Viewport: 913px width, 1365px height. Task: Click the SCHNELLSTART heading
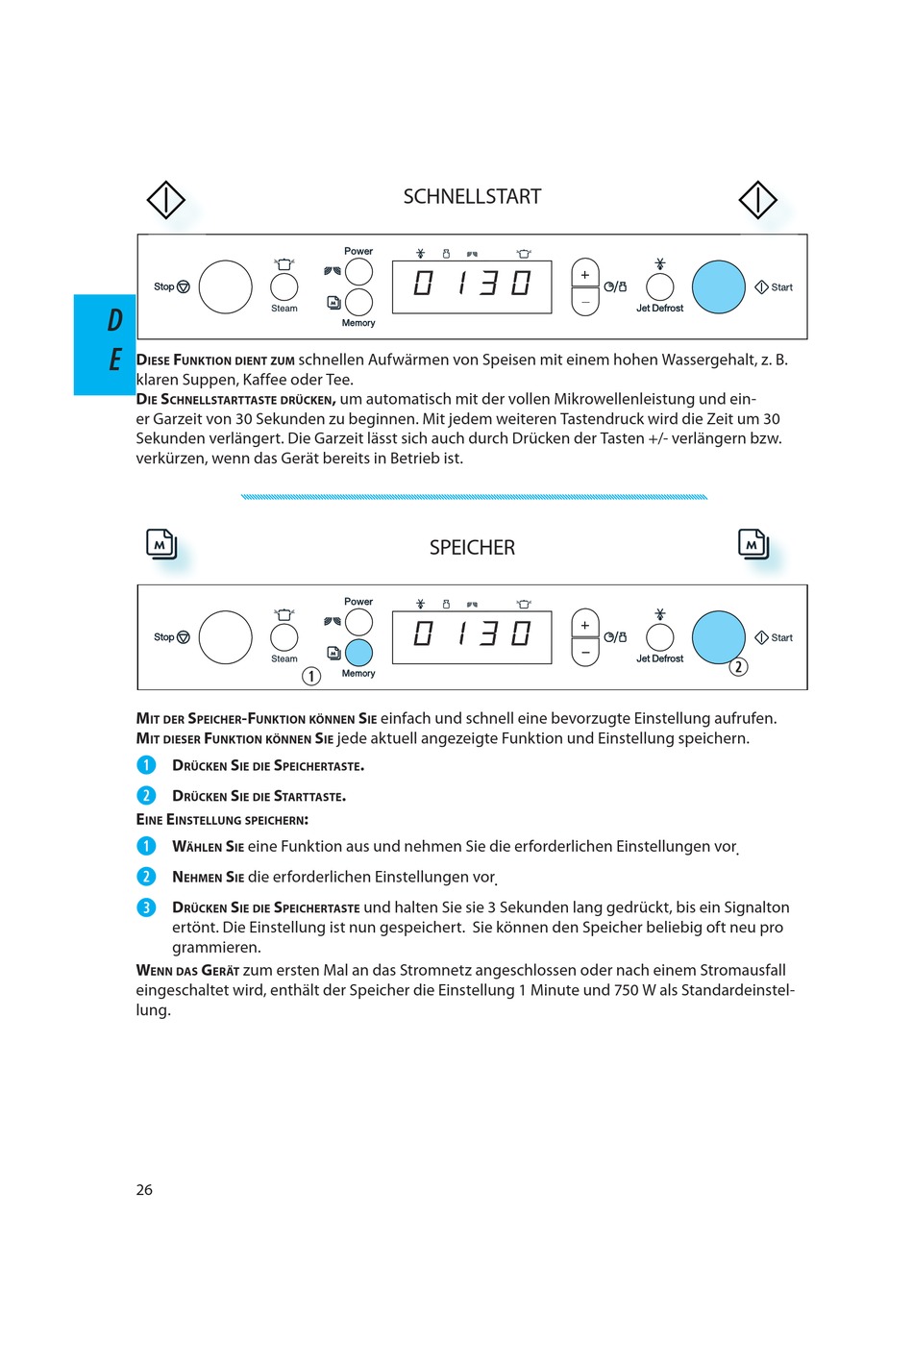point(472,197)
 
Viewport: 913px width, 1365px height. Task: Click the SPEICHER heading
point(472,548)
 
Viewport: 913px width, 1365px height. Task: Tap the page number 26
point(144,1190)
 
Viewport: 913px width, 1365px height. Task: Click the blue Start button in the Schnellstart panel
point(719,286)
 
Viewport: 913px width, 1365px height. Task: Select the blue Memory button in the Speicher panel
point(358,653)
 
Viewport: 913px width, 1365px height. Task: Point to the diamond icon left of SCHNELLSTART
point(165,200)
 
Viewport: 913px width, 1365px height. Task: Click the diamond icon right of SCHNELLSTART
point(757,200)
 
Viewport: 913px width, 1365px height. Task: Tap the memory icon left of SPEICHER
point(161,544)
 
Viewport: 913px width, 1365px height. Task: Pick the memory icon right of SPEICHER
point(753,544)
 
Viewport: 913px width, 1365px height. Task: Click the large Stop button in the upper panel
point(225,286)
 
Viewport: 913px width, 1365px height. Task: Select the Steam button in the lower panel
point(284,636)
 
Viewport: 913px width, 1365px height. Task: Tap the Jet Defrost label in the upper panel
point(659,309)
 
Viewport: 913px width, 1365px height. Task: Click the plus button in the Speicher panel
point(585,626)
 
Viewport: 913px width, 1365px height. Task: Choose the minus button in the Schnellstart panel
point(585,302)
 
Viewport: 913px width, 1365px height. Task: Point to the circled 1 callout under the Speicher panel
point(311,676)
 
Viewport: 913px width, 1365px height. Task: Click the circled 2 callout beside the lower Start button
point(738,667)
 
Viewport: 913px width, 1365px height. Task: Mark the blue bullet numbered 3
point(146,907)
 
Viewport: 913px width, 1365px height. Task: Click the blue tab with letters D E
point(106,344)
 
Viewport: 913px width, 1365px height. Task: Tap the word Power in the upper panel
point(358,251)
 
